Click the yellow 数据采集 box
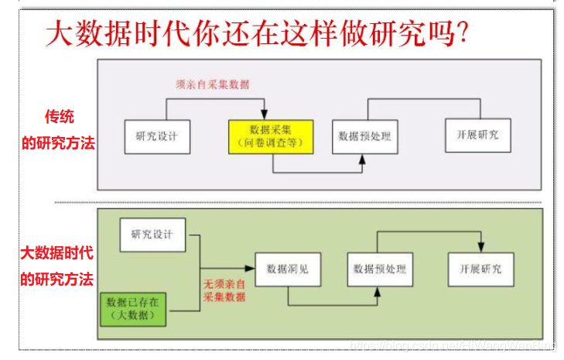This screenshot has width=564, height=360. coord(270,135)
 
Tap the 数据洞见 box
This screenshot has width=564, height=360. coord(287,269)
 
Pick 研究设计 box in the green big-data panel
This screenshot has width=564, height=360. coord(152,235)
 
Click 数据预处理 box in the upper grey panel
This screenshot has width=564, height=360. coord(364,136)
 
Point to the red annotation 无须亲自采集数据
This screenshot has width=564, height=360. coord(224,290)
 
